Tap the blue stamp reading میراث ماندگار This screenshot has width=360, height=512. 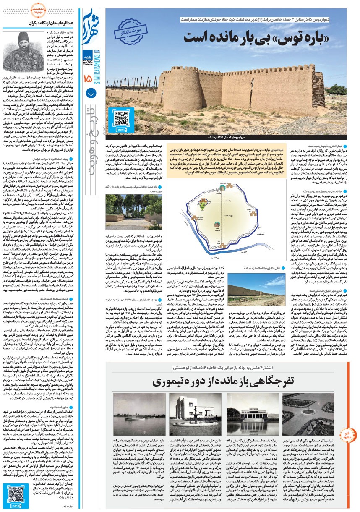pos(133,31)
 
